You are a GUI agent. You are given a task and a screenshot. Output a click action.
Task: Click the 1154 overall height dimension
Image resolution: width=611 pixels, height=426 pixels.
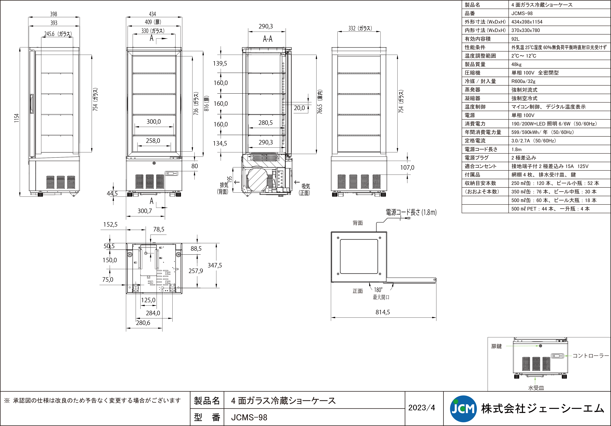click(17, 118)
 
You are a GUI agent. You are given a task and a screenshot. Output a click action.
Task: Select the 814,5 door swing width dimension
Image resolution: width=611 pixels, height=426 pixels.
click(383, 312)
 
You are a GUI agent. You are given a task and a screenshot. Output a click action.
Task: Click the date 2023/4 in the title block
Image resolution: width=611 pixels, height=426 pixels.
click(422, 408)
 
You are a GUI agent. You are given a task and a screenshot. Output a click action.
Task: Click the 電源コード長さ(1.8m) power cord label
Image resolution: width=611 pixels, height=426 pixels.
click(411, 212)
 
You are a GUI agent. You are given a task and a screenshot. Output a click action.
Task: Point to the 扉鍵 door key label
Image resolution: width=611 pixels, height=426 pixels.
click(496, 346)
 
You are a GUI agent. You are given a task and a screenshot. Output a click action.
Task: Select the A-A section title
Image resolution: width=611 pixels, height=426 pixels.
click(268, 39)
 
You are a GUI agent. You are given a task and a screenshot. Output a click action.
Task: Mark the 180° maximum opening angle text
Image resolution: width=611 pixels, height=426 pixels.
click(378, 290)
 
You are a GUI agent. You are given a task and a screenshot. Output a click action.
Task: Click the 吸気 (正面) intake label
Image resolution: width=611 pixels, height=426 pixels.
click(305, 189)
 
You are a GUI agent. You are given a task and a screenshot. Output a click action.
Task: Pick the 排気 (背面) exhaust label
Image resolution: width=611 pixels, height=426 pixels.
click(223, 188)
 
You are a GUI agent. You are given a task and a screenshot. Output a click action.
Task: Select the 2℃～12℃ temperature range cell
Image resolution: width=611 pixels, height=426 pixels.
click(524, 56)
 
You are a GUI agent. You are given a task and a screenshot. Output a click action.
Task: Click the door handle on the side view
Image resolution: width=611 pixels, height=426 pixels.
click(32, 104)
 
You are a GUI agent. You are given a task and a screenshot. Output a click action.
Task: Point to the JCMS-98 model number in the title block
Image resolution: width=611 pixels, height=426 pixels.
click(249, 418)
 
